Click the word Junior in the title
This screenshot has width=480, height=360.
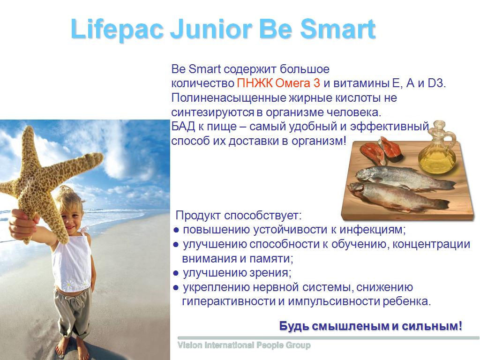211,29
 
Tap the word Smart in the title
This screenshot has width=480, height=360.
337,29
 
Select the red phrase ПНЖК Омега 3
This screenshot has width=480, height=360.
278,83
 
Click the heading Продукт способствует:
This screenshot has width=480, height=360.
239,216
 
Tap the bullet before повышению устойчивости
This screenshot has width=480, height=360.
176,230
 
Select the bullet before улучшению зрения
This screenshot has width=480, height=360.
176,273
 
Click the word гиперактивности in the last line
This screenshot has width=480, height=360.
229,301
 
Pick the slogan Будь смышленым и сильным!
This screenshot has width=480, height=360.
371,326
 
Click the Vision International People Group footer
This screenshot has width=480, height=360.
244,345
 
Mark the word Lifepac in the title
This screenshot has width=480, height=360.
117,29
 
